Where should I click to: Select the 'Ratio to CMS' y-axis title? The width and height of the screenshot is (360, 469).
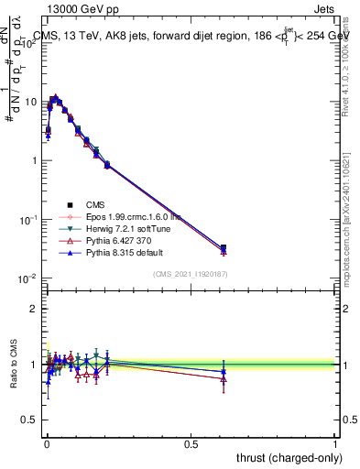coord(13,365)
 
